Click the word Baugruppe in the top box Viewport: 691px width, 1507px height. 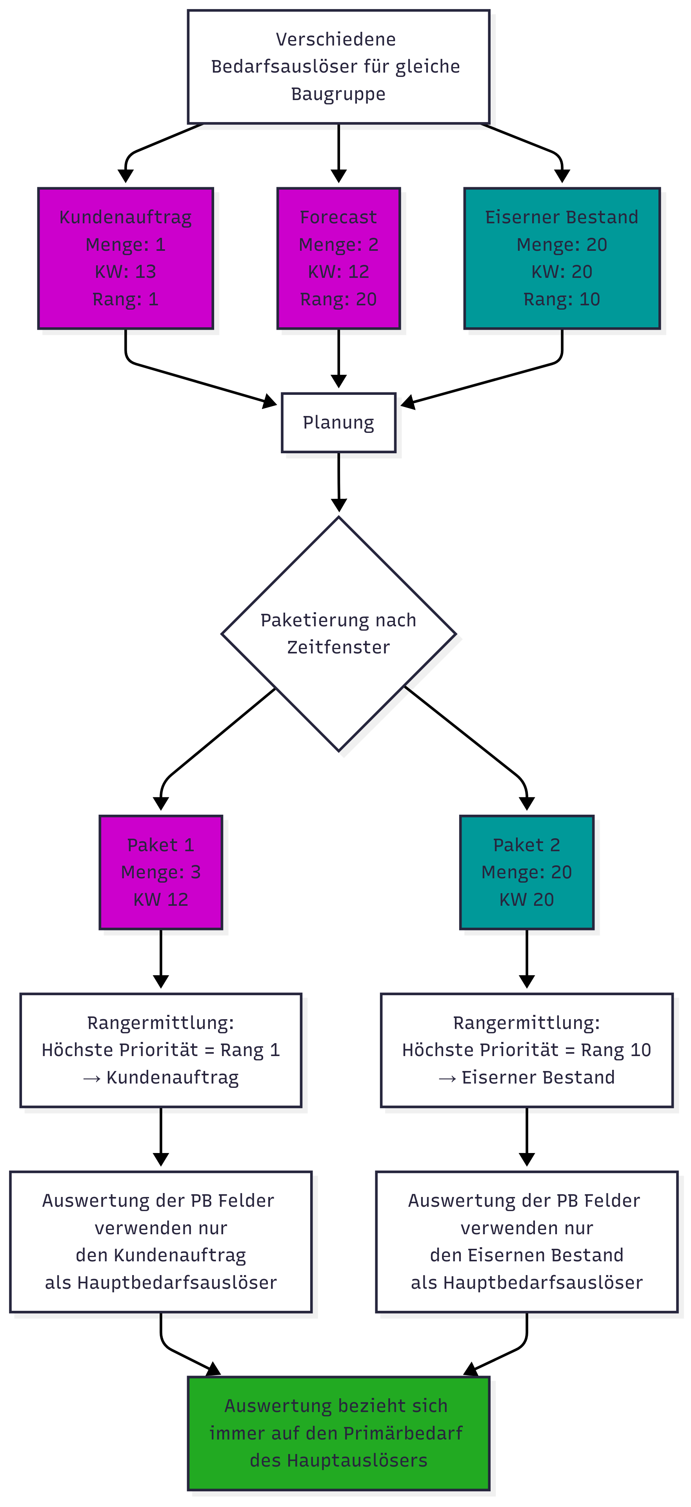point(338,94)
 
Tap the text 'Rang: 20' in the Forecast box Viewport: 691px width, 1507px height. point(338,299)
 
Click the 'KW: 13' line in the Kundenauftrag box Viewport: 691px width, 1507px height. point(125,272)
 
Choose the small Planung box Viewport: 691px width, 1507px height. point(338,422)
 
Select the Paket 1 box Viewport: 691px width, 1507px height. point(161,872)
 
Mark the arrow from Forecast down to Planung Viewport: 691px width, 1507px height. point(338,357)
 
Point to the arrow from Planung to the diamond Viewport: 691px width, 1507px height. point(338,480)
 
